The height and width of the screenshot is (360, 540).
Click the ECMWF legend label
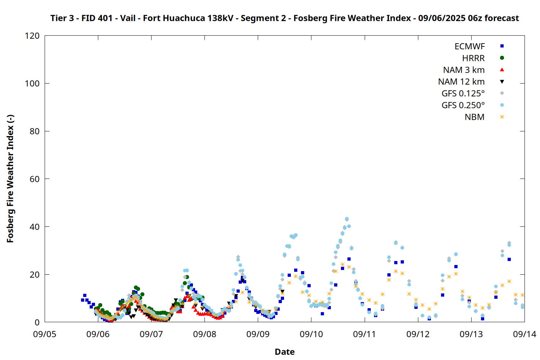pyautogui.click(x=469, y=46)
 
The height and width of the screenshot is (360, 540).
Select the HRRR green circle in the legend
pyautogui.click(x=502, y=58)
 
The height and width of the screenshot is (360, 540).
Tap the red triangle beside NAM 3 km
pyautogui.click(x=502, y=70)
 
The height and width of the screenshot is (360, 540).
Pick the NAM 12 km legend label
pyautogui.click(x=461, y=82)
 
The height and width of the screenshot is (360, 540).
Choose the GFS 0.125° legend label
pyautogui.click(x=463, y=93)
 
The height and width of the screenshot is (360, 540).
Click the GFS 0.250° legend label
pyautogui.click(x=463, y=105)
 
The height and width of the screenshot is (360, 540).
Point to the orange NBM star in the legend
pyautogui.click(x=502, y=117)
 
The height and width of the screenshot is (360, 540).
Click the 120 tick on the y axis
pyautogui.click(x=32, y=36)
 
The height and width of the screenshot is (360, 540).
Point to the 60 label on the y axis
pyautogui.click(x=35, y=179)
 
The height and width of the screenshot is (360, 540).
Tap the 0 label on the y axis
pyautogui.click(x=37, y=322)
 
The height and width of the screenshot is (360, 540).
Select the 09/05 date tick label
pyautogui.click(x=45, y=334)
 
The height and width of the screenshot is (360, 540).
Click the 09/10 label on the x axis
pyautogui.click(x=311, y=334)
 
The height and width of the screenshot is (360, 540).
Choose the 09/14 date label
pyautogui.click(x=525, y=334)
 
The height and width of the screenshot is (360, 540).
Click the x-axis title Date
pyautogui.click(x=285, y=352)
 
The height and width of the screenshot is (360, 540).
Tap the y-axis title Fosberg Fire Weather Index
pyautogui.click(x=10, y=179)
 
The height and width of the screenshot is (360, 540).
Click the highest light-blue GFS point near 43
pyautogui.click(x=347, y=219)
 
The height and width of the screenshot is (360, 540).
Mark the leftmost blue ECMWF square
pyautogui.click(x=82, y=300)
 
